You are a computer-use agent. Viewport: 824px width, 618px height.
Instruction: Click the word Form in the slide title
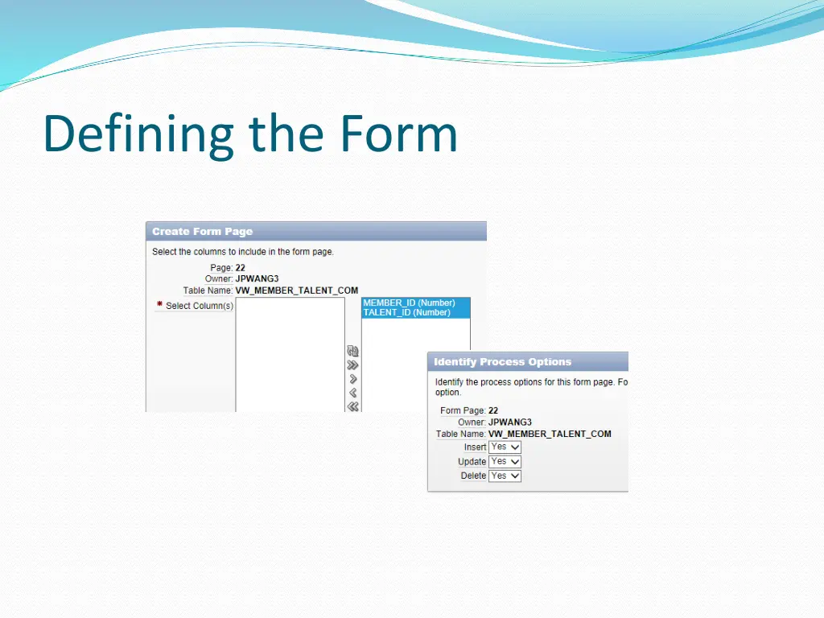(x=398, y=134)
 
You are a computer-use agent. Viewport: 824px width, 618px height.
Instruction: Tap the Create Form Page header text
(x=202, y=232)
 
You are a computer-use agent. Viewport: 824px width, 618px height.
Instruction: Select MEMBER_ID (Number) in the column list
(x=409, y=303)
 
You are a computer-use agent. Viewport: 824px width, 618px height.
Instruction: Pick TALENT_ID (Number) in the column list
(x=406, y=313)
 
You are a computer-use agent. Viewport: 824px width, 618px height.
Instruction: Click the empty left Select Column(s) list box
(x=290, y=354)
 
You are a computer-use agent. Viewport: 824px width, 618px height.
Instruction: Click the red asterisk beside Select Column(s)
(x=159, y=305)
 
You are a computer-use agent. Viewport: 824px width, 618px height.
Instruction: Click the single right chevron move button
(x=352, y=379)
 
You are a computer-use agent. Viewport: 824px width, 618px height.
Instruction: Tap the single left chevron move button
(x=352, y=393)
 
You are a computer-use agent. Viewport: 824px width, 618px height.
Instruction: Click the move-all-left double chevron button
(x=352, y=406)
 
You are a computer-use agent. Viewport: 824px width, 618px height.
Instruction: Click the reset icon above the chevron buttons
(x=352, y=351)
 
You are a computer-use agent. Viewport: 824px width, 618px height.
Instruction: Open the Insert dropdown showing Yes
(x=505, y=447)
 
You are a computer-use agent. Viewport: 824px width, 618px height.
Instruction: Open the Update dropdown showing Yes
(x=505, y=462)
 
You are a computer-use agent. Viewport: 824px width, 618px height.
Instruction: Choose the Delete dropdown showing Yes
(x=505, y=476)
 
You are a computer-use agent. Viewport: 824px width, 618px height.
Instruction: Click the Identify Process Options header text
(x=502, y=362)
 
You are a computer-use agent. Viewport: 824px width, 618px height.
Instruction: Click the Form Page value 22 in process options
(x=493, y=410)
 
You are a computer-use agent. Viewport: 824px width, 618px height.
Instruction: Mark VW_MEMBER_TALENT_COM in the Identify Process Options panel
(x=550, y=434)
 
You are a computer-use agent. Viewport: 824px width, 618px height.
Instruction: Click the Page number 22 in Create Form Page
(x=241, y=268)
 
